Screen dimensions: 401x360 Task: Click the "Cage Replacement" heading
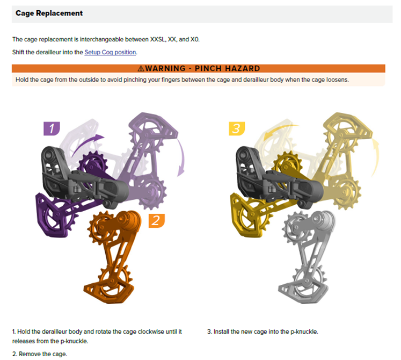pos(49,13)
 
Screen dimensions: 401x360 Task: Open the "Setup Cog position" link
pos(110,52)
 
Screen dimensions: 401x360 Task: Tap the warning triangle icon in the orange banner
pos(141,68)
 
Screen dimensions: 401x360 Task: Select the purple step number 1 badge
pos(52,128)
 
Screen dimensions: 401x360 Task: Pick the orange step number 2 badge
pos(157,221)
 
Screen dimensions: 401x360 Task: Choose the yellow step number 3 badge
pos(237,128)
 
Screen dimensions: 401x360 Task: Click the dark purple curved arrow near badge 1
pos(86,143)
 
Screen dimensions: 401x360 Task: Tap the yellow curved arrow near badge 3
pos(279,131)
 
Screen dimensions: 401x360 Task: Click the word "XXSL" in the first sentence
pos(157,39)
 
